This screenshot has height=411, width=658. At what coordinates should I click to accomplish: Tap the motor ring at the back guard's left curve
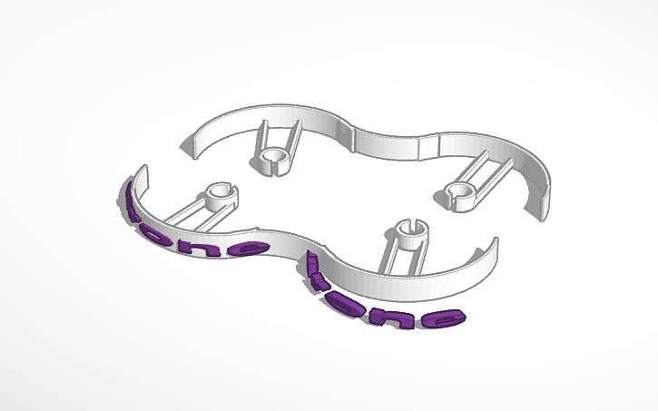tap(270, 161)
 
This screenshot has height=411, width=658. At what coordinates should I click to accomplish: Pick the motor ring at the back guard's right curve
tap(460, 190)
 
